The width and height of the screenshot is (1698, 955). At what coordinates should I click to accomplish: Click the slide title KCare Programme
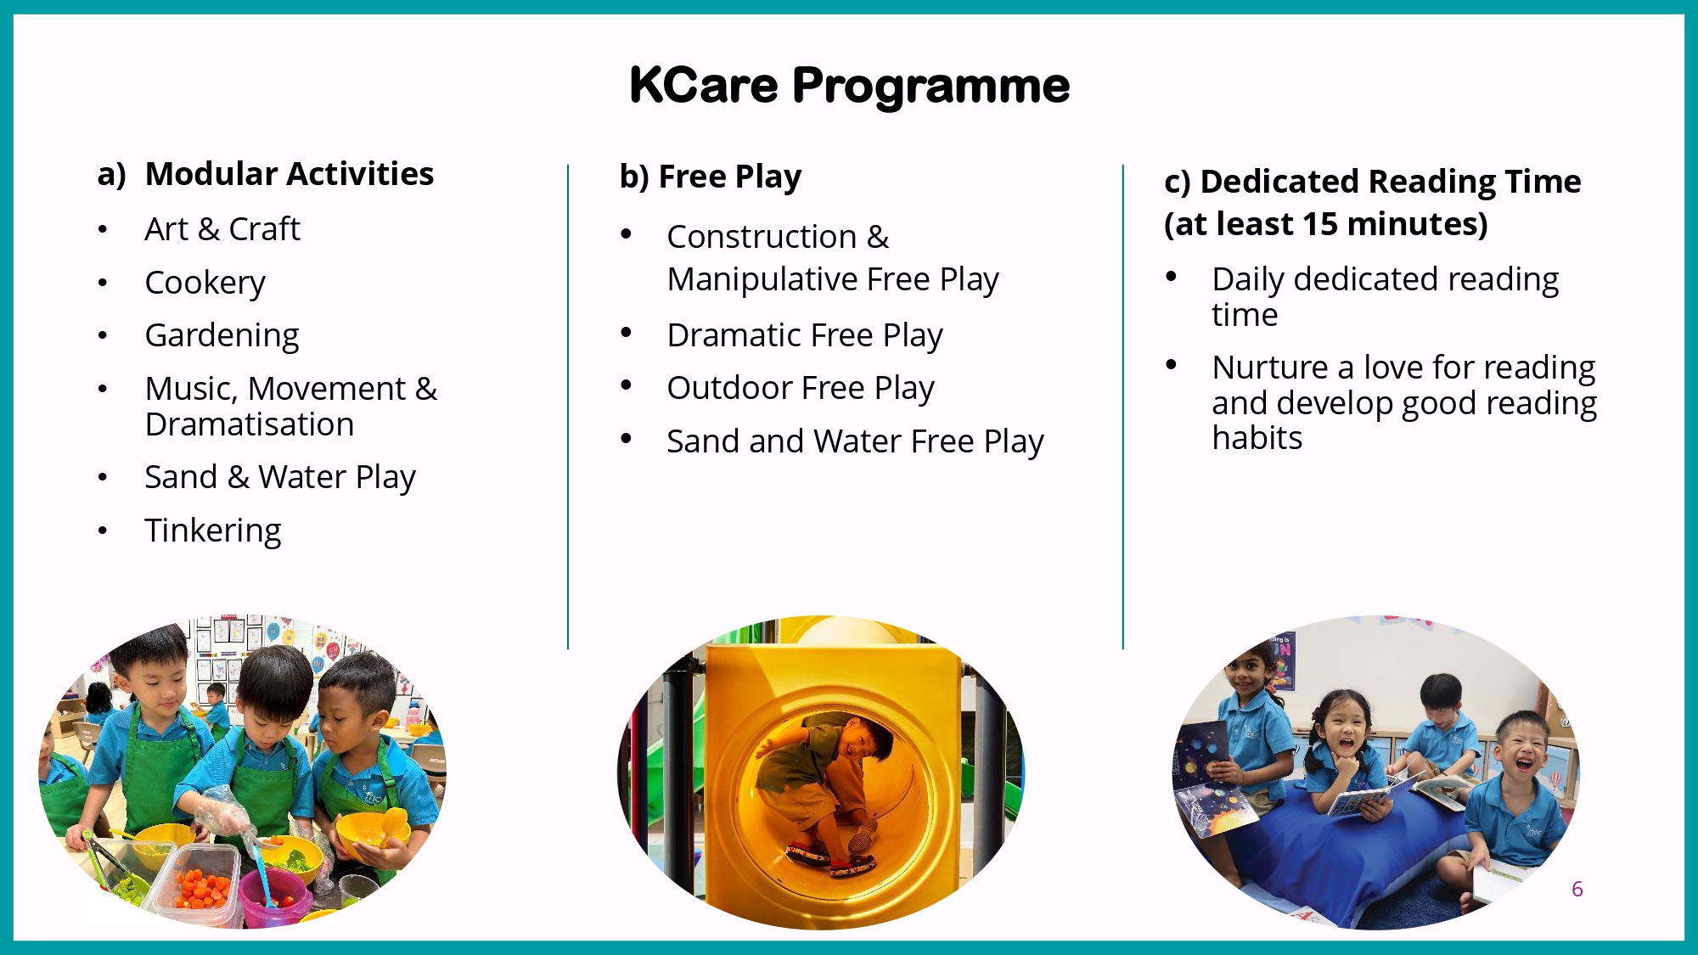(849, 86)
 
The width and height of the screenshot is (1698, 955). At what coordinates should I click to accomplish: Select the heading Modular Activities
(290, 174)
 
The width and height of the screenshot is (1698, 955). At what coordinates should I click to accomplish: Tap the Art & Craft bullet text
(222, 229)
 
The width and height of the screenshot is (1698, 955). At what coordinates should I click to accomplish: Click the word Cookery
(205, 283)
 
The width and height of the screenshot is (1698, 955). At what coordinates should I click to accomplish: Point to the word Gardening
(222, 336)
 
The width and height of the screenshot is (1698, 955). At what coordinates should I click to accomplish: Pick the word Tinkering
(213, 531)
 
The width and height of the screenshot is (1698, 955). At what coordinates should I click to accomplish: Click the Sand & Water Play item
(280, 477)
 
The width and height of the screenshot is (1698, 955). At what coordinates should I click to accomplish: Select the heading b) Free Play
(711, 177)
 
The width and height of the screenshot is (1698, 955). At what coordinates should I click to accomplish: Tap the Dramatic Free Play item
(805, 335)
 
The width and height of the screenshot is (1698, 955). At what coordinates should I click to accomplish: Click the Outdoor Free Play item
(801, 388)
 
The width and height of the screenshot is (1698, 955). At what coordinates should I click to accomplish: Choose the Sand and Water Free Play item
(855, 441)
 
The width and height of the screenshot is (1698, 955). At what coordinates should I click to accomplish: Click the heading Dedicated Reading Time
(1391, 182)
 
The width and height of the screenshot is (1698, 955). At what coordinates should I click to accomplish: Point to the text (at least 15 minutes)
(1326, 224)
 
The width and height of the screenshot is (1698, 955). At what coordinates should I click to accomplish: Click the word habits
(1257, 438)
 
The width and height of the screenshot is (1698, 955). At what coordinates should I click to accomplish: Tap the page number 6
(1577, 889)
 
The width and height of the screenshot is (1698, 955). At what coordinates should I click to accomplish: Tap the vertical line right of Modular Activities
(568, 407)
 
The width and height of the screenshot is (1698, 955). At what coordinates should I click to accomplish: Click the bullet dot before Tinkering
(103, 531)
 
